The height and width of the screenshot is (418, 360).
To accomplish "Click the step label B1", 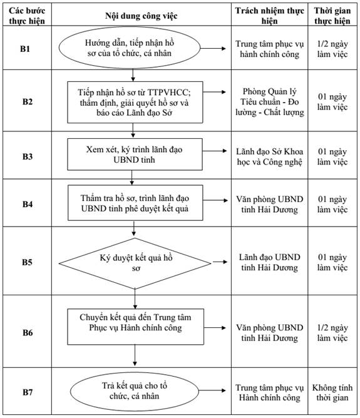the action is [25, 49].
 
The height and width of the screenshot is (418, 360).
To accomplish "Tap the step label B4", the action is [27, 204].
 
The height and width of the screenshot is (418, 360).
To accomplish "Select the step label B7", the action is [27, 392].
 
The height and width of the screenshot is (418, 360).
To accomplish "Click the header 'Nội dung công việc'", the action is [141, 16].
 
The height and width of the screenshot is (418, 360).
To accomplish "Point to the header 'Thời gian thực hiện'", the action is [332, 16].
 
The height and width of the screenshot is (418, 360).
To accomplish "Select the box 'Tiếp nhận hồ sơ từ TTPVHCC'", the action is [135, 103].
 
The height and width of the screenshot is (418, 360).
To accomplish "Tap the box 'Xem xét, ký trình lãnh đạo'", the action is [135, 155].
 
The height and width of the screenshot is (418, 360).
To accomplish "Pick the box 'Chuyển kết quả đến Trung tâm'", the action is [135, 327].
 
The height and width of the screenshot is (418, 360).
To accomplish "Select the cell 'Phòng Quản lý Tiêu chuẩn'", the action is [269, 102].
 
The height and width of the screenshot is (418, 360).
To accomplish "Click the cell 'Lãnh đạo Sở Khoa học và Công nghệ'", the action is [269, 156].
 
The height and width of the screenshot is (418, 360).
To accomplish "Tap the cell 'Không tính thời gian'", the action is [332, 392].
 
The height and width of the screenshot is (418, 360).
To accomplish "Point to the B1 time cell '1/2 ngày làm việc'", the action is [332, 49].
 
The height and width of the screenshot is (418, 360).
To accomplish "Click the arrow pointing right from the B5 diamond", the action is [220, 262].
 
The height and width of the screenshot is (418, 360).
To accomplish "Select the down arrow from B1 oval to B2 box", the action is [133, 75].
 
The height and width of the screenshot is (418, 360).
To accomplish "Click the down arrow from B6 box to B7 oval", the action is [135, 355].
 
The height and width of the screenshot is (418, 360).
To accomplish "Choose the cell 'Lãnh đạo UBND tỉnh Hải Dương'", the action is [269, 262].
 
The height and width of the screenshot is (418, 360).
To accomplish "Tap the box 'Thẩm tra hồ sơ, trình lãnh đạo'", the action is [135, 203].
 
